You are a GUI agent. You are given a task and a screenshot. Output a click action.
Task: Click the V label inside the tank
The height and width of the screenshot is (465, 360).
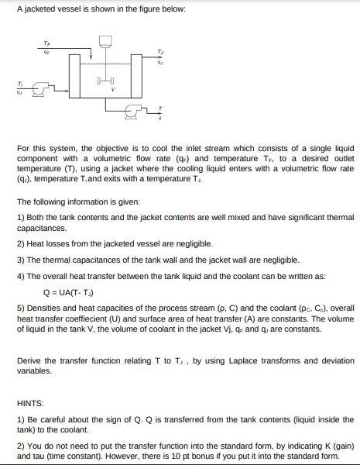click(x=114, y=89)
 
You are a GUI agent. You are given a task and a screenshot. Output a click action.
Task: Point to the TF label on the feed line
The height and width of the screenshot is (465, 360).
click(x=47, y=43)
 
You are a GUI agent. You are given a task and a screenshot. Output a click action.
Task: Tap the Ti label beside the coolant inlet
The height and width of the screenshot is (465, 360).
click(x=10, y=83)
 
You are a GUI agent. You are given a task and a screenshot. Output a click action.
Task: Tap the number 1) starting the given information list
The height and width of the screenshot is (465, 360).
click(x=19, y=218)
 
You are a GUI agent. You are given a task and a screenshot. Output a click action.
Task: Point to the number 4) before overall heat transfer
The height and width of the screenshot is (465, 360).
click(x=19, y=276)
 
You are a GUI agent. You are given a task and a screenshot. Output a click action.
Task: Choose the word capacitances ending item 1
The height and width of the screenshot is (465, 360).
click(x=39, y=229)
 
